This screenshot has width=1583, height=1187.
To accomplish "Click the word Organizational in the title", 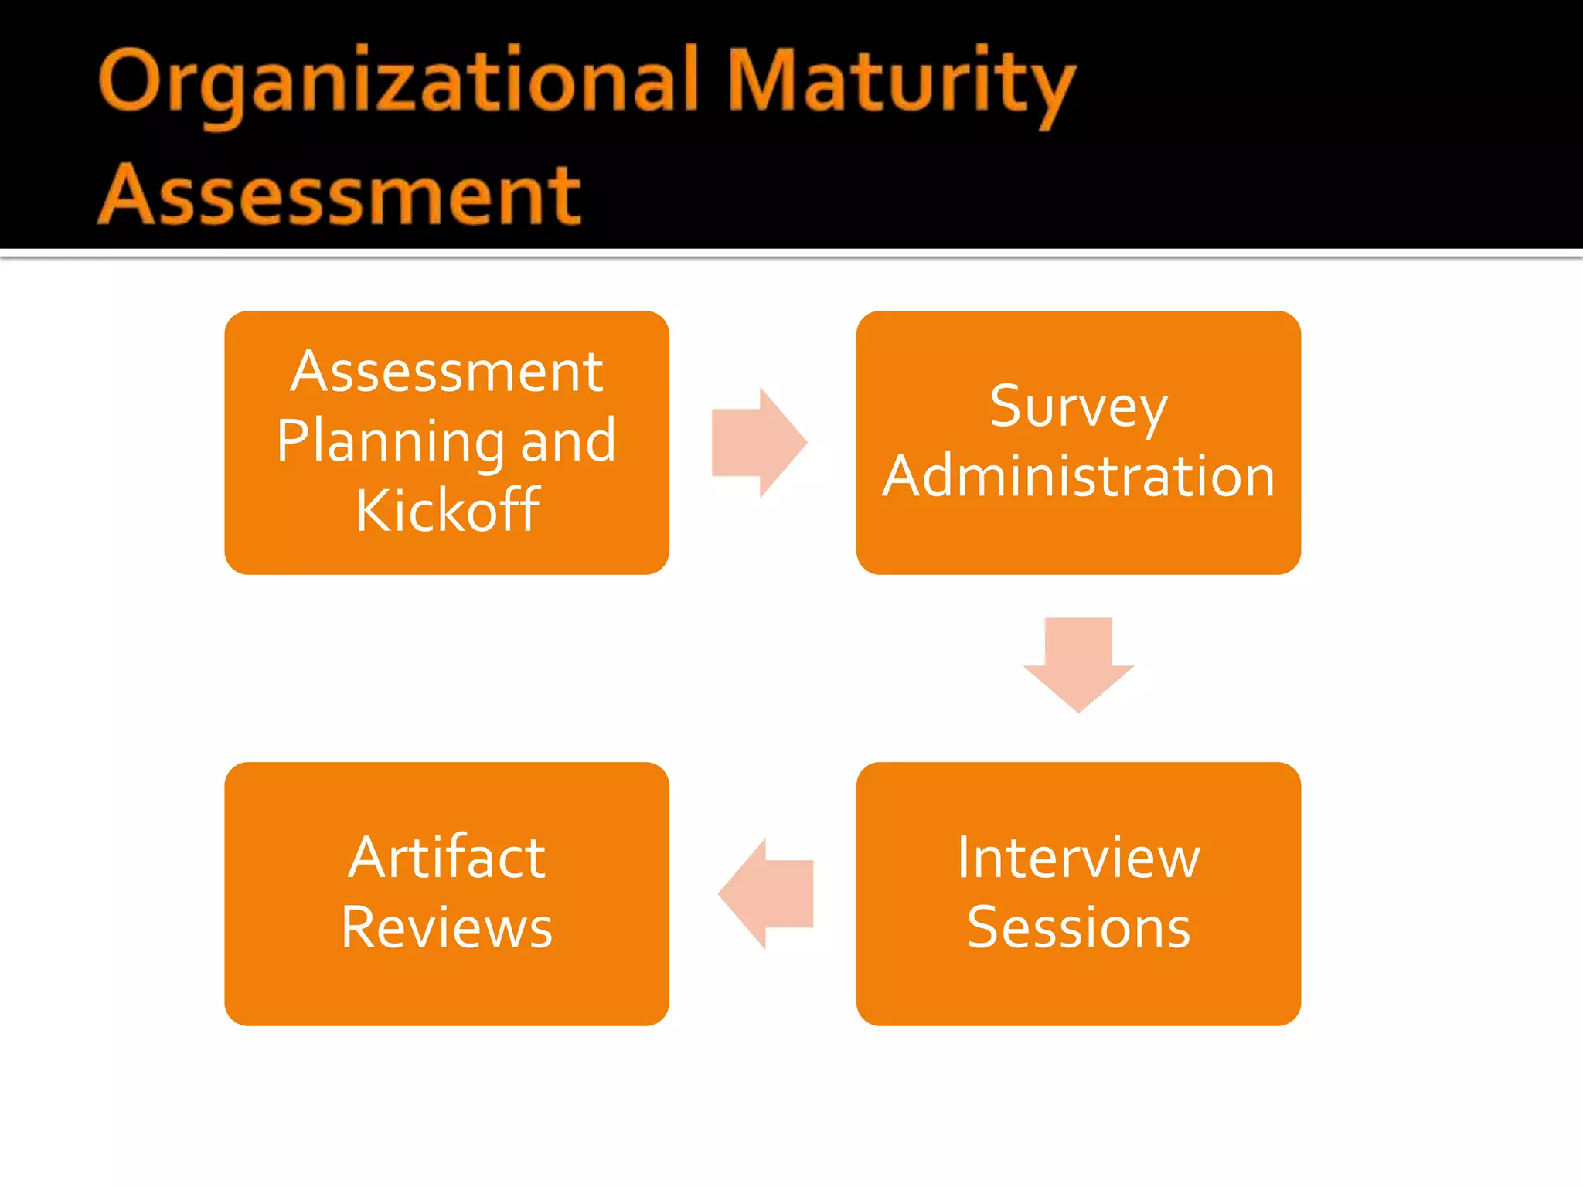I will (399, 82).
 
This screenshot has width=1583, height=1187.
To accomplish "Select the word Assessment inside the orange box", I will (447, 372).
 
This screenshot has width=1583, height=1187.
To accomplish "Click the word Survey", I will (1078, 407).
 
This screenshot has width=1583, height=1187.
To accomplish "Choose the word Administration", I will (1078, 476).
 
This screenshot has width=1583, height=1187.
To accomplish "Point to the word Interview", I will (1078, 858).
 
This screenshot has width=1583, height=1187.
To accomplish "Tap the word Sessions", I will (1078, 927).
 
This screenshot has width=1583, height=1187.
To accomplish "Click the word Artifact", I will (447, 858).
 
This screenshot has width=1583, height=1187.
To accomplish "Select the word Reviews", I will (447, 927).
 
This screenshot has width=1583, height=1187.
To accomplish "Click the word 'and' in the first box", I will (568, 440).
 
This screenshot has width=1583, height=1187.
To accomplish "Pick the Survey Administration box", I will (1078, 541).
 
